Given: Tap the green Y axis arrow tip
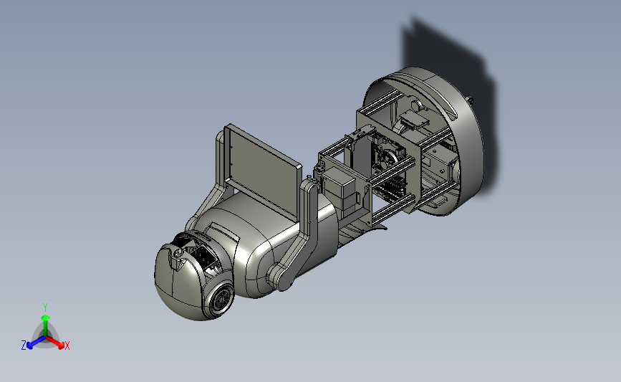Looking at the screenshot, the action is click(x=45, y=317).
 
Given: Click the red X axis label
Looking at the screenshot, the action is click(x=67, y=345).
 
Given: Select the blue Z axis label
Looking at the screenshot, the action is click(x=24, y=345).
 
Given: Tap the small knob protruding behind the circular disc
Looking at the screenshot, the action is click(x=470, y=99).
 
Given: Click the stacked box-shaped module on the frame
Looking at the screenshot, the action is click(x=340, y=189).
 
